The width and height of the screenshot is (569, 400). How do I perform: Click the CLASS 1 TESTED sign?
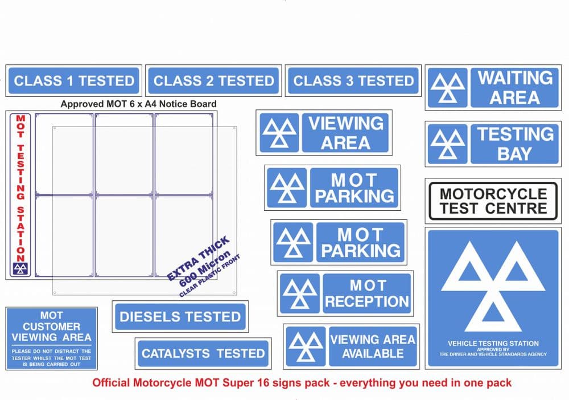tap(74, 81)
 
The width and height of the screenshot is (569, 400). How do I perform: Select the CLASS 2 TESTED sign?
tap(214, 81)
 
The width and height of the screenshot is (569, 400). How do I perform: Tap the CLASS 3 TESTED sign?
tap(353, 81)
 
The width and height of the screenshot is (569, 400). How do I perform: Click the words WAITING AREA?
tap(514, 88)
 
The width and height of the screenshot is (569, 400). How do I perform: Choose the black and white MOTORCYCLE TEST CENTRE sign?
tap(493, 201)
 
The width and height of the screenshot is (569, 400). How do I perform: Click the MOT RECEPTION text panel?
tap(366, 293)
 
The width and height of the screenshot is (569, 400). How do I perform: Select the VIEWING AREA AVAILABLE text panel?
tap(373, 346)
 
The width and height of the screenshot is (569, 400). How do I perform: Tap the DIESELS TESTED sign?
tap(180, 317)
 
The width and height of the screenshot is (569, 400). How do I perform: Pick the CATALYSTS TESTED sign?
tap(203, 354)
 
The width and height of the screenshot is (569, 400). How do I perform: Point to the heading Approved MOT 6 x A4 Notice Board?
tap(138, 104)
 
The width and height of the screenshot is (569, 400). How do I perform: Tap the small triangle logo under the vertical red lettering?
tap(20, 269)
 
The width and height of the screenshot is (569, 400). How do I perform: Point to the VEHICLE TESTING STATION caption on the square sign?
tap(493, 344)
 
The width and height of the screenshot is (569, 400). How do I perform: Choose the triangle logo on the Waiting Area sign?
tap(448, 88)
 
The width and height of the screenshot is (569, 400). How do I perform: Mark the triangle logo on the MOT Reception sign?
tap(300, 293)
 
